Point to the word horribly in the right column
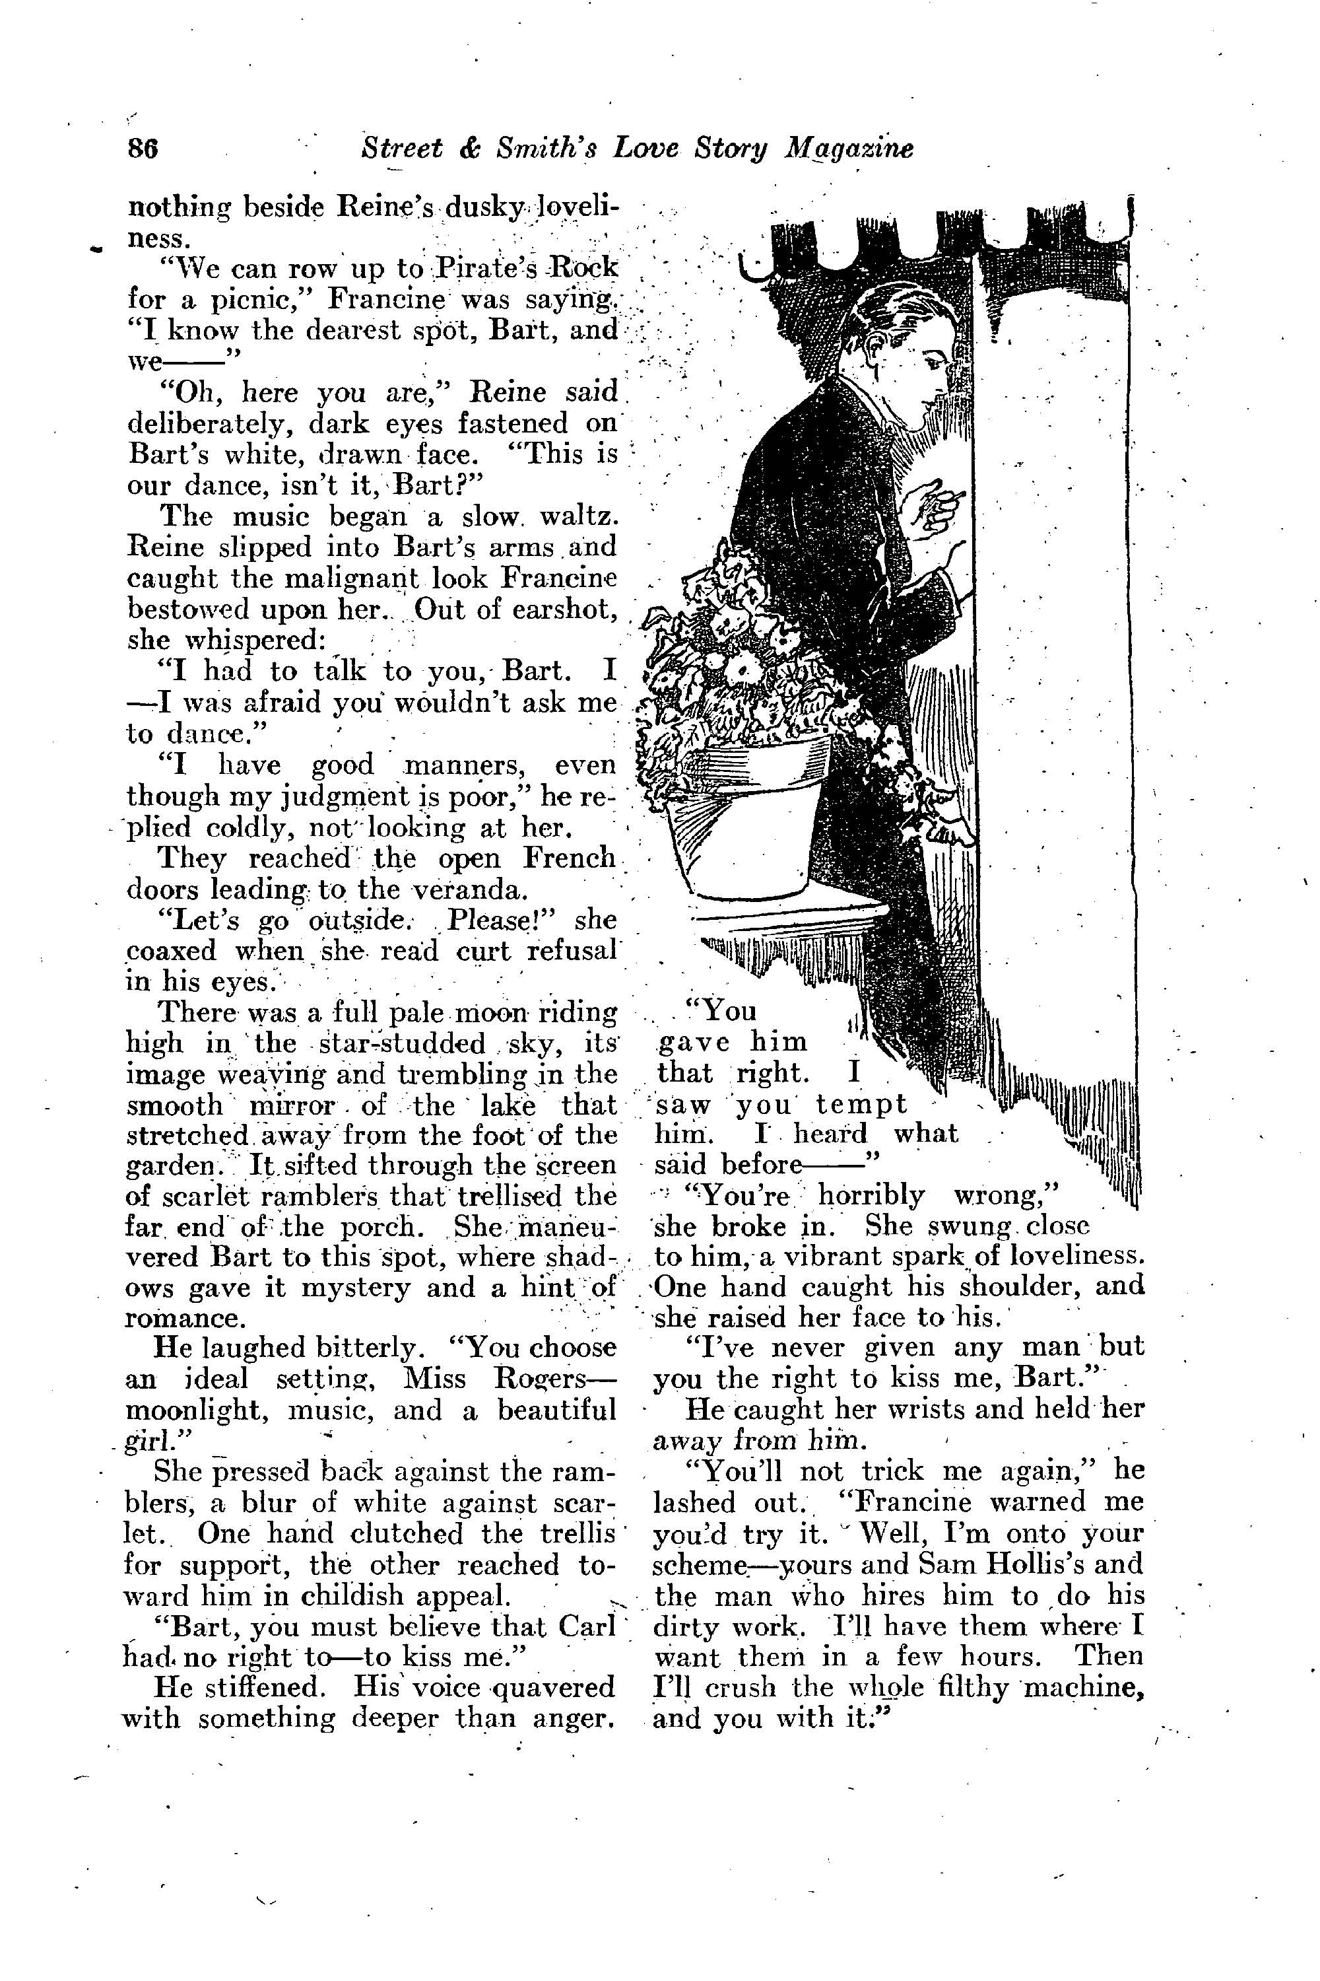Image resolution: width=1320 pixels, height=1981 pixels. [x=871, y=1196]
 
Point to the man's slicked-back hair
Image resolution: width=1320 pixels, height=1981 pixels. [x=884, y=299]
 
